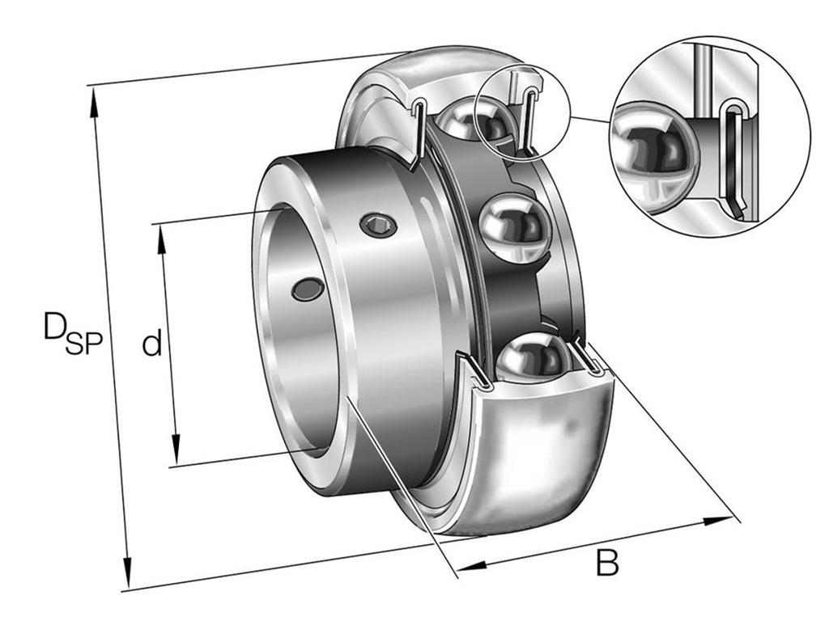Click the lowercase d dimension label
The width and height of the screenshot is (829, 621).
point(151,343)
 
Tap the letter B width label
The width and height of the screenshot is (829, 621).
point(607,563)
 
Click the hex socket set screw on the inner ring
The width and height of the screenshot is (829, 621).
point(379,226)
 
